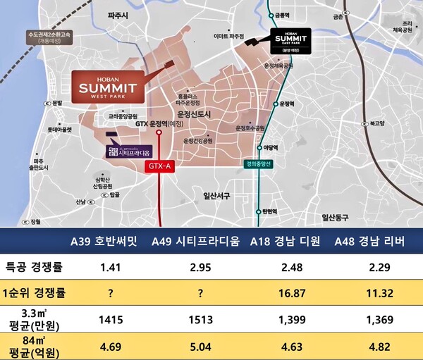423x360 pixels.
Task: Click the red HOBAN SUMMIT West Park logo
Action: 108,87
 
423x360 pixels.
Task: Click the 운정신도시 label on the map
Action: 195,113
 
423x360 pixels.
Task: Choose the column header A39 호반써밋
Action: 104,242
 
